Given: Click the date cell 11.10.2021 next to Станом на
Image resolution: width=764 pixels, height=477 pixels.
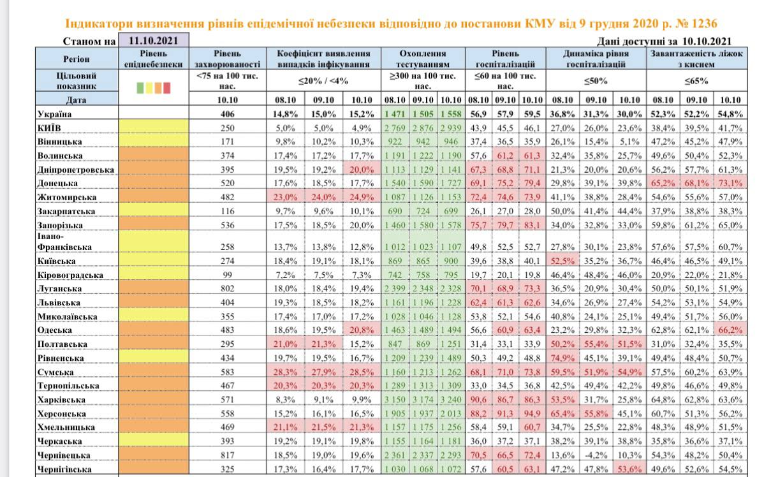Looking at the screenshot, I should [x=154, y=40].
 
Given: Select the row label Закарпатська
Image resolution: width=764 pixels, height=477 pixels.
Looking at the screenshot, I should [x=67, y=211].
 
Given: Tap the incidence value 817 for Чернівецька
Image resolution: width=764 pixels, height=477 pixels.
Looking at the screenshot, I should [x=226, y=455].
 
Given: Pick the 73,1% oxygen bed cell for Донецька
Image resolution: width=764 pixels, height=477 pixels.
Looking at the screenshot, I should [x=730, y=182].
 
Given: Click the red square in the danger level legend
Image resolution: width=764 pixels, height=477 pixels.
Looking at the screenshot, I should [x=167, y=88].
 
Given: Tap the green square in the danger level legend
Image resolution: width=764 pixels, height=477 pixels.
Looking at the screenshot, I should [x=140, y=88].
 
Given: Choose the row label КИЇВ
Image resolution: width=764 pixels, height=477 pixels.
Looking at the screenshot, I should [x=49, y=128].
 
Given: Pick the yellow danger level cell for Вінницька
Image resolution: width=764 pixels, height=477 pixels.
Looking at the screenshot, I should [x=154, y=142].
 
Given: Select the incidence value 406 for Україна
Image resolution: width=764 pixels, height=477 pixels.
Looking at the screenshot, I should [x=226, y=114].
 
